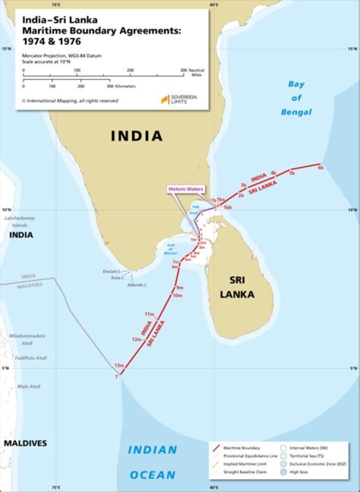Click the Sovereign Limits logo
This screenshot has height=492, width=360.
(x=178, y=99)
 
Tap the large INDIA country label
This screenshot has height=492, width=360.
(x=136, y=135)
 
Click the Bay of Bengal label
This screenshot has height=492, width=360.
(x=296, y=98)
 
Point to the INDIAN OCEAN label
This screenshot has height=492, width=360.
(x=152, y=462)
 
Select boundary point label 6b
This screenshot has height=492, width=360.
(x=320, y=168)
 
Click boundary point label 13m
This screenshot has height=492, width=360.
(x=119, y=365)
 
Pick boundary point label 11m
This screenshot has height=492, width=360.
(x=149, y=314)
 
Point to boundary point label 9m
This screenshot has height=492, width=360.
(x=179, y=287)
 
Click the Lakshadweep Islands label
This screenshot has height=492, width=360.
(x=16, y=222)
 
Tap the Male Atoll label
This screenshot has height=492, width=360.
(x=28, y=386)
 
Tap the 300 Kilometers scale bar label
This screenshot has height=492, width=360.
(x=119, y=86)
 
